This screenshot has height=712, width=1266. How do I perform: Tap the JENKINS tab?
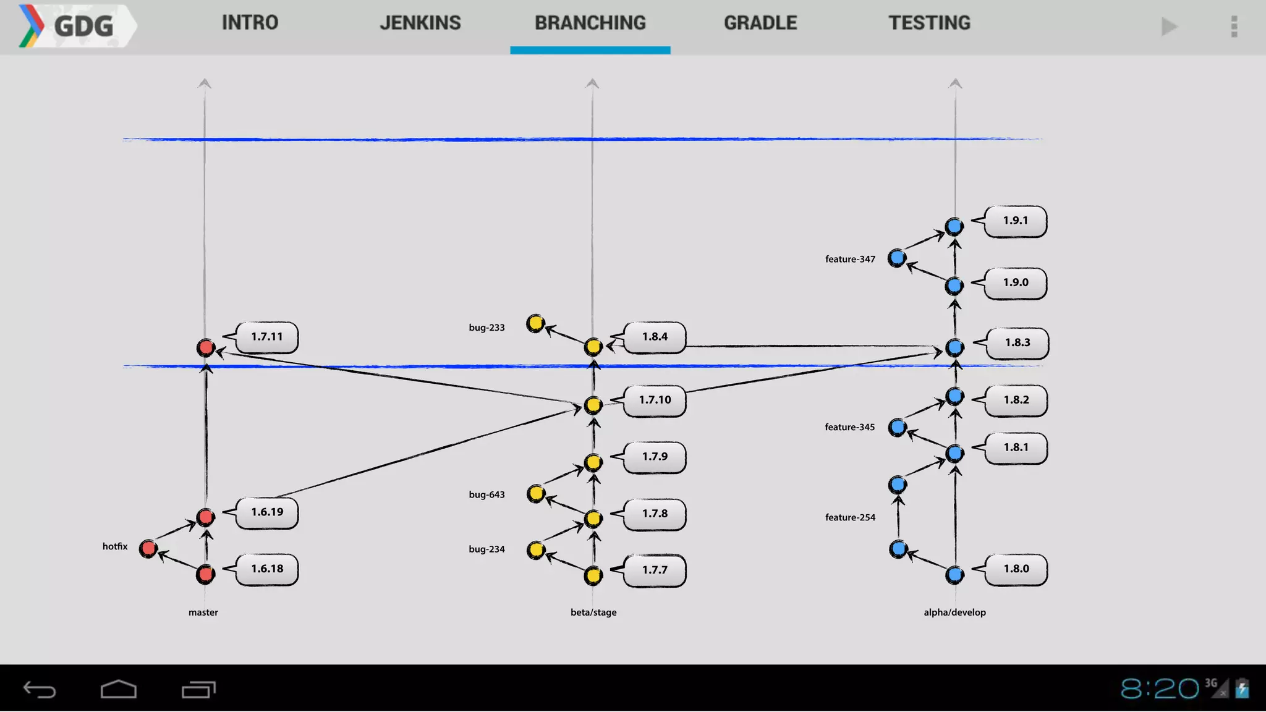[x=420, y=23]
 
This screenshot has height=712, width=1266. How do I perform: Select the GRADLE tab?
[x=760, y=23]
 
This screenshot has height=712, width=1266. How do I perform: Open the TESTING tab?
[x=929, y=23]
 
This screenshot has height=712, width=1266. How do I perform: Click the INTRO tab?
[x=250, y=23]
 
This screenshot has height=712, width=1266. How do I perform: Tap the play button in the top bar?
[x=1169, y=27]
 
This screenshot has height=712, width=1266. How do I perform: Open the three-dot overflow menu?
[x=1234, y=27]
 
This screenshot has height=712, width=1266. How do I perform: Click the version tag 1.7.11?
[x=267, y=337]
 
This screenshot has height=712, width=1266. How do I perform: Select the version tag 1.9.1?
[x=1015, y=221]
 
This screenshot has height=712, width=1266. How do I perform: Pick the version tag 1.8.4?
[x=655, y=337]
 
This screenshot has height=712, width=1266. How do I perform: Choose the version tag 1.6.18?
[x=267, y=569]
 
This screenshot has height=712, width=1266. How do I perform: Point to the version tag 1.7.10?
[x=655, y=400]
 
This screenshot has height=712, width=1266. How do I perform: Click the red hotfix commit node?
[x=148, y=548]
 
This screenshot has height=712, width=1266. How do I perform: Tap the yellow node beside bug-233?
[x=535, y=323]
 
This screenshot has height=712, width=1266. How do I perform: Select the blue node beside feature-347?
[x=897, y=258]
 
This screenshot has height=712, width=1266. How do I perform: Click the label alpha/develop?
[x=954, y=612]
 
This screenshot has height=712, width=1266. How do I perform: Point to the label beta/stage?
[x=593, y=612]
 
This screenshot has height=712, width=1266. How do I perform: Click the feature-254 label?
[x=850, y=517]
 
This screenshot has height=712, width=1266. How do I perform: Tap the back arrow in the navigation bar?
[x=40, y=689]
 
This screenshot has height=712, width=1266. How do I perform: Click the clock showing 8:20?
[x=1159, y=689]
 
